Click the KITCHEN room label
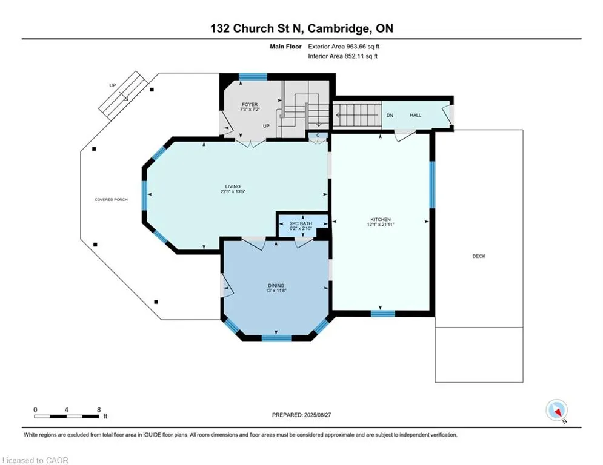(381, 219)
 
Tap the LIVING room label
(233, 186)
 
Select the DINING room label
(276, 286)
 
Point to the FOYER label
(250, 105)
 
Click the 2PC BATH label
(301, 223)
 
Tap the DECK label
(479, 256)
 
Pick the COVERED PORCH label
(111, 199)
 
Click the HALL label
(415, 115)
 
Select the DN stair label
(390, 115)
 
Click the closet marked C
(318, 135)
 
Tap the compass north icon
(556, 410)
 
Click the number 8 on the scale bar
(99, 410)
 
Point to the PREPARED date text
(302, 415)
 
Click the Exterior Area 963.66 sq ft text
(344, 47)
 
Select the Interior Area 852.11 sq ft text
(342, 56)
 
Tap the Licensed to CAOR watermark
(35, 460)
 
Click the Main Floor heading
(285, 47)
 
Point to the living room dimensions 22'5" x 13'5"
(233, 191)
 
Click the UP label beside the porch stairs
(112, 85)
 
